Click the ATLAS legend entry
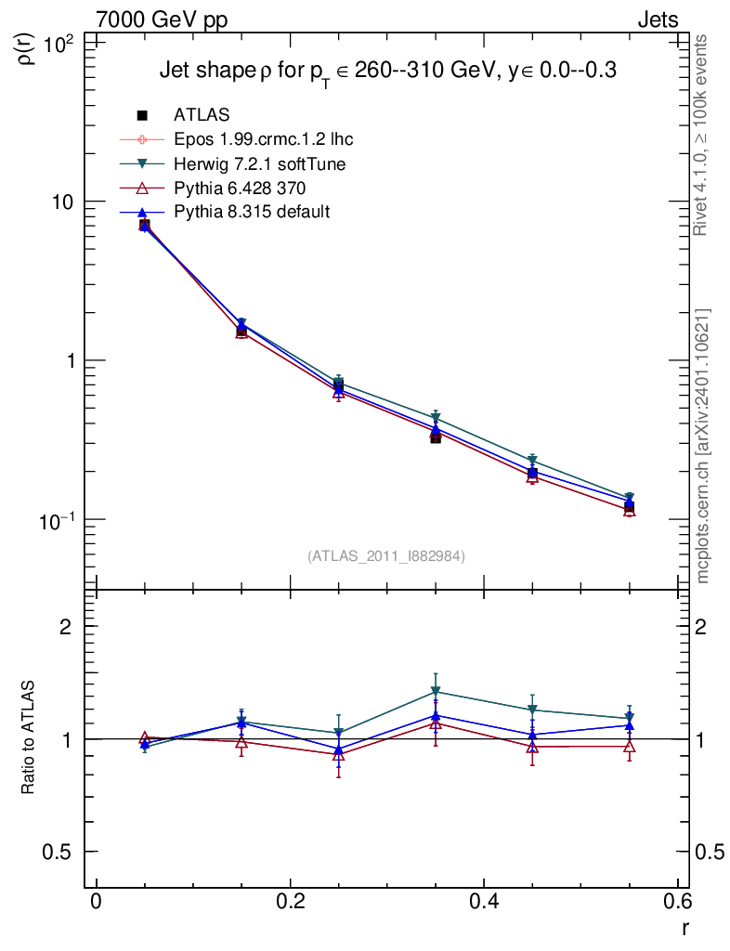202,115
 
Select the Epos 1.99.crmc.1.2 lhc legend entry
263,139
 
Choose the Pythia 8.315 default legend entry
252,213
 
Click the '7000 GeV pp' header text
163,20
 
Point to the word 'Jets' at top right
658,20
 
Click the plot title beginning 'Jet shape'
388,72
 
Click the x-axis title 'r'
685,927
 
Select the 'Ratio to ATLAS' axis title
29,739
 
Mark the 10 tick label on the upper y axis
66,202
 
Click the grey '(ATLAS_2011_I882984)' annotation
386,555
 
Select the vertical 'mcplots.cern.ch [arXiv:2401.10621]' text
704,446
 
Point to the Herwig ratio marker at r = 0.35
436,692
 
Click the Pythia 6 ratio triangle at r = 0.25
339,754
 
